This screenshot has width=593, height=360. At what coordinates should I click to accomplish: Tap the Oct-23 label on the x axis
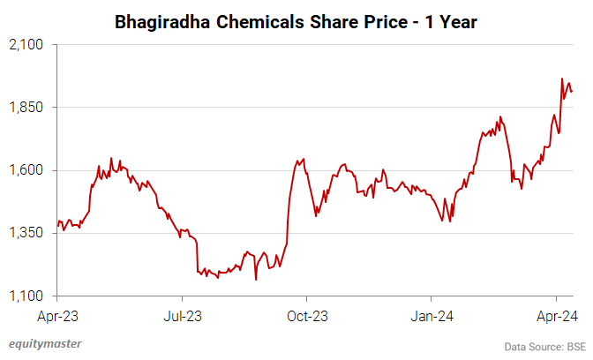coord(306,314)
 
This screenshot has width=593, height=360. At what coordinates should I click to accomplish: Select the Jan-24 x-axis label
coord(431,314)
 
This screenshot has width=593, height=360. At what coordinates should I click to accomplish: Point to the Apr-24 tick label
coord(556,314)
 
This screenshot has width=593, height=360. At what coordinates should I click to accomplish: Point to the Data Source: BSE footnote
coord(544,345)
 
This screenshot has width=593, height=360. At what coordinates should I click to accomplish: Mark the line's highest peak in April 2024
coord(562,79)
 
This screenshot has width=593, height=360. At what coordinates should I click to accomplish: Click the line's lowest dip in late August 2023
coord(255,280)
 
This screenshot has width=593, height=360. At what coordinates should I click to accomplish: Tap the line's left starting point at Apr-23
coord(56,227)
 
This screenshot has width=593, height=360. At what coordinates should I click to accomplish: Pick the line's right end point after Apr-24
coord(572,91)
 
